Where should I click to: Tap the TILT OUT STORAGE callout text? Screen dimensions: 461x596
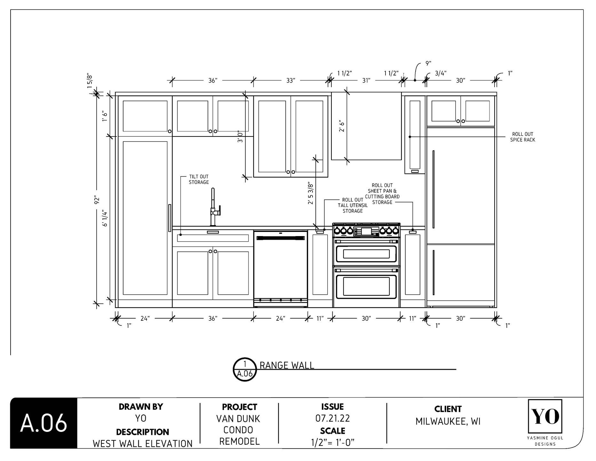pyautogui.click(x=199, y=179)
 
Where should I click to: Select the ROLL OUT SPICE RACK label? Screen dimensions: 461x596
pyautogui.click(x=522, y=137)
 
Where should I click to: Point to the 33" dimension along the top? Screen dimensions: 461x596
pyautogui.click(x=290, y=80)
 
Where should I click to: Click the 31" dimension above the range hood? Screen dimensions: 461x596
pyautogui.click(x=366, y=80)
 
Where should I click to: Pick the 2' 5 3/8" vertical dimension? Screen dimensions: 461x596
pyautogui.click(x=310, y=193)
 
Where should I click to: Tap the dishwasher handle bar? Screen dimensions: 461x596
pyautogui.click(x=281, y=238)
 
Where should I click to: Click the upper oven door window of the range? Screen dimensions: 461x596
pyautogui.click(x=366, y=254)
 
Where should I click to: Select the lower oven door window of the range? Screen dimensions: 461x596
pyautogui.click(x=366, y=286)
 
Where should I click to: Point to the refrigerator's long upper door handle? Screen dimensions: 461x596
pyautogui.click(x=433, y=189)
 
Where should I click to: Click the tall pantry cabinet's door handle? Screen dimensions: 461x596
pyautogui.click(x=170, y=218)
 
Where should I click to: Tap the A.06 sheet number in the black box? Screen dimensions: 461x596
pyautogui.click(x=44, y=423)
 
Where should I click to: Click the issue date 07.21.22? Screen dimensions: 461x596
pyautogui.click(x=332, y=418)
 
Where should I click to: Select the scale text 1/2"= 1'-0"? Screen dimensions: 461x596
pyautogui.click(x=332, y=442)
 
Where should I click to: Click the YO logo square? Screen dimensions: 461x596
pyautogui.click(x=545, y=416)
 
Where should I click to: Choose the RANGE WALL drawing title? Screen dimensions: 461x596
pyautogui.click(x=287, y=365)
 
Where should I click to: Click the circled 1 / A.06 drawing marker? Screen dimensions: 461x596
pyautogui.click(x=245, y=369)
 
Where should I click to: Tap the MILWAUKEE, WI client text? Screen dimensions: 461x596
pyautogui.click(x=448, y=421)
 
